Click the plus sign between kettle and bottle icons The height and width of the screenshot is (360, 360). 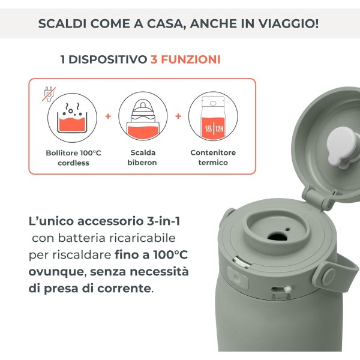pyautogui.click(x=108, y=116)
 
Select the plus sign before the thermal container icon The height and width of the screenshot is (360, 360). pyautogui.click(x=178, y=116)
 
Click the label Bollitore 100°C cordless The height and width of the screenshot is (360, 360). pyautogui.click(x=73, y=157)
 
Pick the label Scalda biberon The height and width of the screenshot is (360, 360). pyautogui.click(x=143, y=157)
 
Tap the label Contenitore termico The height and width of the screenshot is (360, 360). pyautogui.click(x=213, y=157)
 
